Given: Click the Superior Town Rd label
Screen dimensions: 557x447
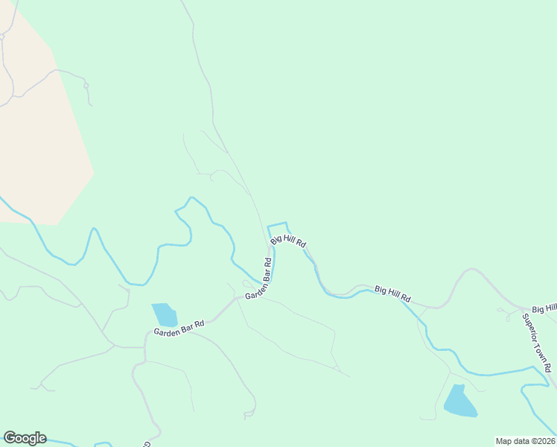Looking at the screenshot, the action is [x=537, y=343].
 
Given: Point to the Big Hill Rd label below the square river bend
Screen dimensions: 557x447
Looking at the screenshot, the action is [x=288, y=241].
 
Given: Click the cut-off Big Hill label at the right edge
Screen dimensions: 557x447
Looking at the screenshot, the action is [x=544, y=308].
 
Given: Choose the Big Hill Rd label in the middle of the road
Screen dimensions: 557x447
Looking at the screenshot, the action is [x=392, y=293].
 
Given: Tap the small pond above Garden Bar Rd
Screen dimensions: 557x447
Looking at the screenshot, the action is [x=165, y=314].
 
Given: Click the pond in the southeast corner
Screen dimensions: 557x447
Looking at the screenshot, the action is [x=459, y=402].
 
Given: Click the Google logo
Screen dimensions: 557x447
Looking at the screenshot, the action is [x=25, y=438].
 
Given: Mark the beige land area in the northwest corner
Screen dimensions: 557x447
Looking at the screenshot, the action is [x=37, y=127].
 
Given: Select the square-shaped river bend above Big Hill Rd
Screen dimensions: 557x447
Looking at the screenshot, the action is [x=277, y=225].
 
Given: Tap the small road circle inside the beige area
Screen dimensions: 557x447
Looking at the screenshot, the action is [x=2, y=36].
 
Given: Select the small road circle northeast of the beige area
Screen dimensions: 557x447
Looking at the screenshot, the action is [x=86, y=86].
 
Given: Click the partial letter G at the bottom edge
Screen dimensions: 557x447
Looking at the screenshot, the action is [x=146, y=444].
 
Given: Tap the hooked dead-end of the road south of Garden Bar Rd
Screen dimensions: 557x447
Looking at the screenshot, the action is [x=246, y=415].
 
